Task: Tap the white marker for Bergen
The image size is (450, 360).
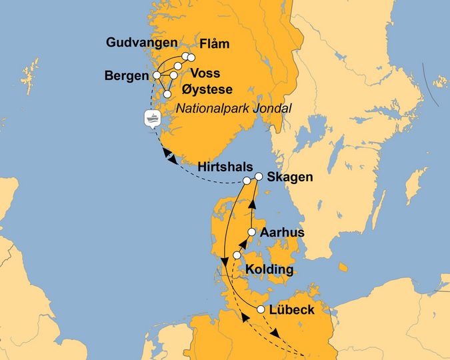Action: click(158, 76)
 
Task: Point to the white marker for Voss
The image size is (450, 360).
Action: click(179, 67)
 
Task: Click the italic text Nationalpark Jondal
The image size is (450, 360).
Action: click(235, 107)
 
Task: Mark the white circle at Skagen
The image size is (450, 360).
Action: click(259, 178)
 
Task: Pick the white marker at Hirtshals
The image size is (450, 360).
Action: click(247, 181)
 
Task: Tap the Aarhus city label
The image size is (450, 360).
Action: click(282, 233)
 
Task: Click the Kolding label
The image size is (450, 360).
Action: click(269, 270)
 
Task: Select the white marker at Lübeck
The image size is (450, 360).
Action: click(261, 310)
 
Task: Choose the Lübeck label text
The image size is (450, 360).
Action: click(293, 310)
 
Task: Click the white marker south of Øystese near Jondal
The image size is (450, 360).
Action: click(167, 95)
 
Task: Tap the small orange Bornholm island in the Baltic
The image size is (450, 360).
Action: click(343, 267)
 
